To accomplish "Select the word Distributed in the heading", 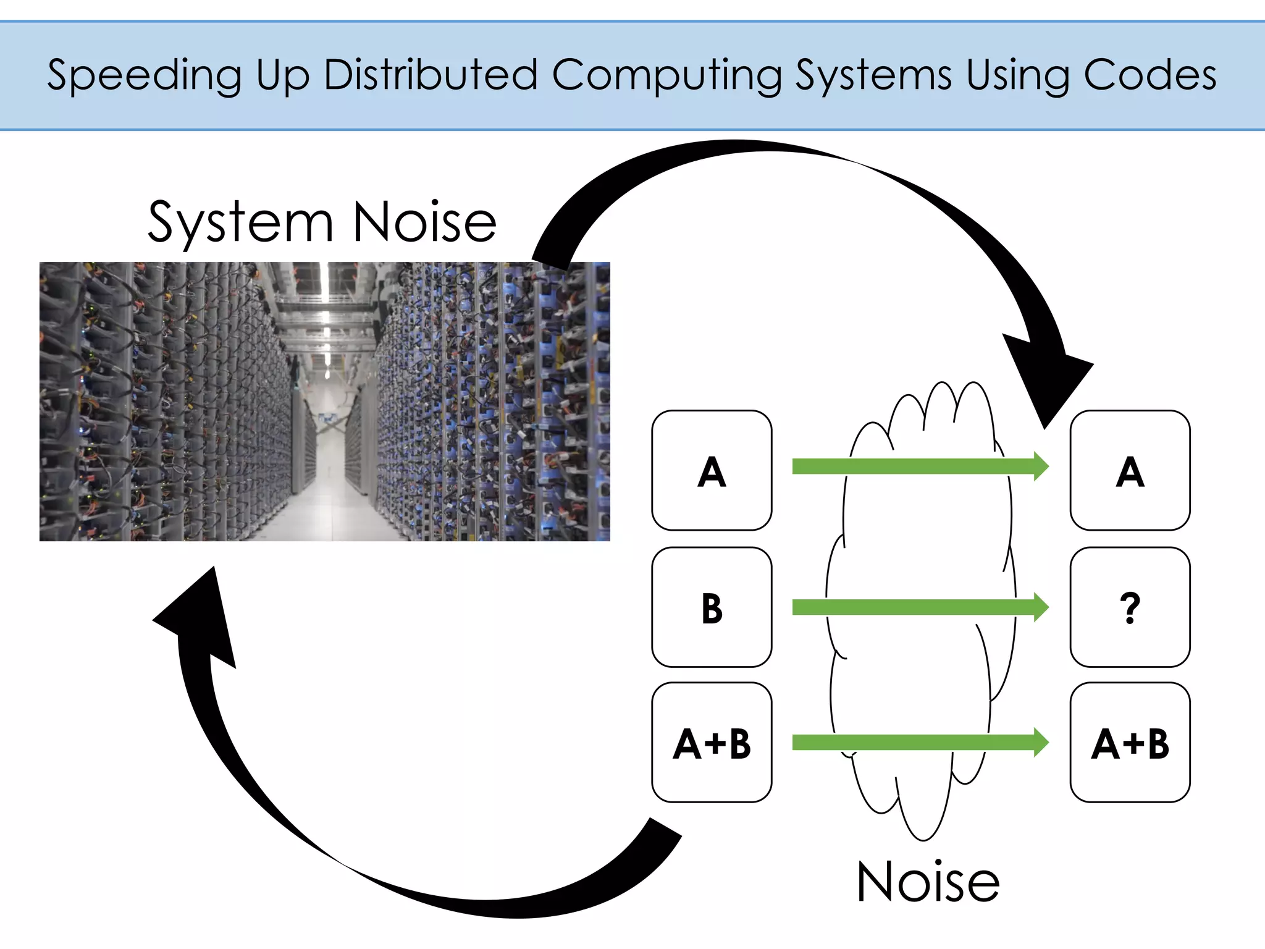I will click(431, 75).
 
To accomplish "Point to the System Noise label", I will click(322, 222).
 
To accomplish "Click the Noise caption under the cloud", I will click(928, 882).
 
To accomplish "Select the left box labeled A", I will click(712, 471).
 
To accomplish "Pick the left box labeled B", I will click(712, 607).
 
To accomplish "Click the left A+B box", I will click(712, 743).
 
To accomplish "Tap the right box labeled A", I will click(1130, 471).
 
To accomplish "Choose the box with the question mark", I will click(1130, 607).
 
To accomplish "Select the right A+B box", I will click(1130, 743).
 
